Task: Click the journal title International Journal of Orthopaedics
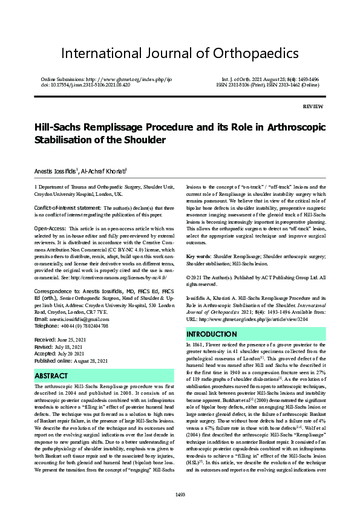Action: pos(180,53)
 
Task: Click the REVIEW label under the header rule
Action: pos(313,106)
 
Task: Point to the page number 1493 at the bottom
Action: pos(180,495)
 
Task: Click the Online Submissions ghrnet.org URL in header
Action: pos(125,80)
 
